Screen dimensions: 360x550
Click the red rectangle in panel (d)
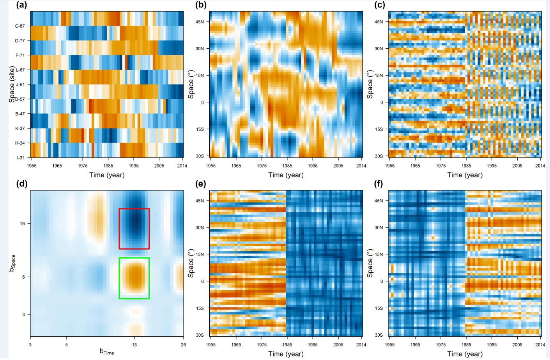[134, 209]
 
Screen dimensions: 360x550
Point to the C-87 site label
[20, 26]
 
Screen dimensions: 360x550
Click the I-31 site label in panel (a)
[21, 158]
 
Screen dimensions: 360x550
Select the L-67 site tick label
[20, 70]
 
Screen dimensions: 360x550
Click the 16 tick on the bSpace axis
[22, 224]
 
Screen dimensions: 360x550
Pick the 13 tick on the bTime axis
[134, 344]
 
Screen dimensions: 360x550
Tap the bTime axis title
[107, 352]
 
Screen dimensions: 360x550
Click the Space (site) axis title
[12, 85]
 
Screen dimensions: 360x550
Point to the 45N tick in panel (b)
[200, 22]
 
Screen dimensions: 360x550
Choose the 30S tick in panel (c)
[378, 156]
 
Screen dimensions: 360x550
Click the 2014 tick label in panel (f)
[540, 345]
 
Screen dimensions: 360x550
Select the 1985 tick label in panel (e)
[287, 345]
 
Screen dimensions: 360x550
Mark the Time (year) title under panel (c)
[465, 175]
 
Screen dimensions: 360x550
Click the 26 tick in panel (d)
[183, 344]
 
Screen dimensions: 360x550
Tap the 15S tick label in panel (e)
[200, 308]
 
